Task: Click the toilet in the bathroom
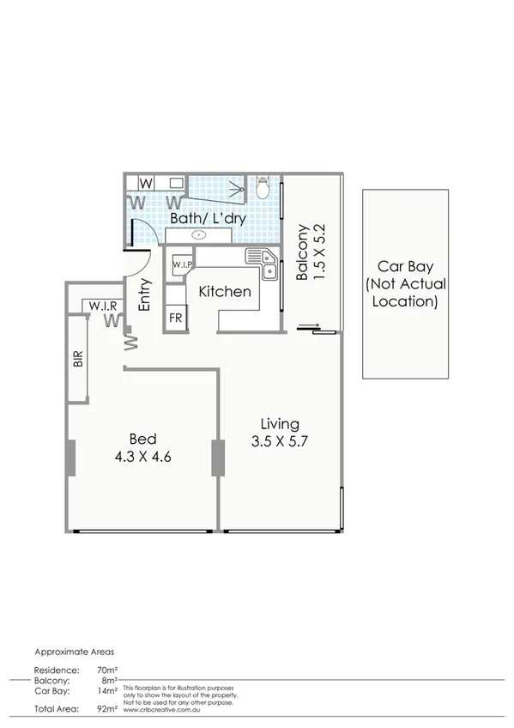coord(263,187)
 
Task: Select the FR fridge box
coord(175,318)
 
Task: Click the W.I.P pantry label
coord(182,265)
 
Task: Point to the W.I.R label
coord(101,306)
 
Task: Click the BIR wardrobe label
coord(78,359)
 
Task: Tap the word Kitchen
coord(225,292)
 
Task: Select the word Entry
coord(145,294)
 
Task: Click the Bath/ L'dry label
coord(208,219)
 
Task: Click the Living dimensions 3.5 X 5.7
coord(281,443)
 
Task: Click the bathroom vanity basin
coord(200,234)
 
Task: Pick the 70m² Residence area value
coord(106,669)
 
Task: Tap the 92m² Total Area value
coord(106,709)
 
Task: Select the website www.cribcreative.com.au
coord(163,709)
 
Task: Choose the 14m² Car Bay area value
coord(106,689)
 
